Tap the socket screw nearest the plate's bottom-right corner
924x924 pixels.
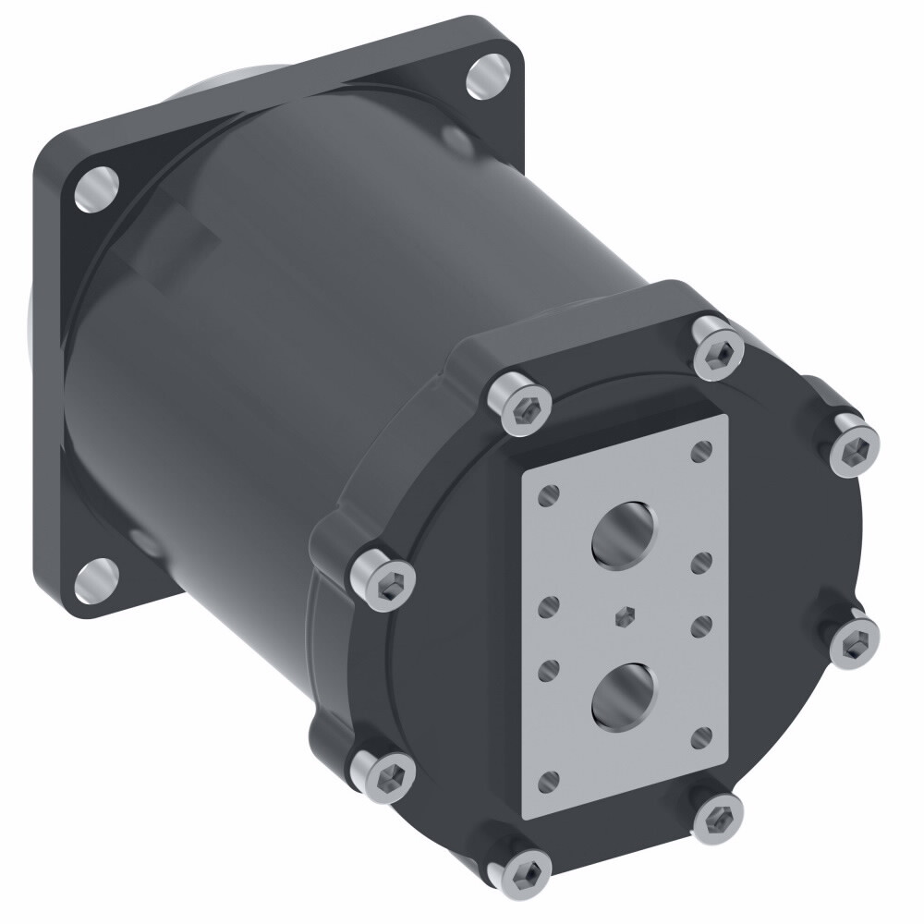(x=719, y=815)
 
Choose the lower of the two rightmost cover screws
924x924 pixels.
(x=853, y=640)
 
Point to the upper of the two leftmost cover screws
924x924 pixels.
(x=382, y=578)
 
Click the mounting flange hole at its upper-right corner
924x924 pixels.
(x=486, y=78)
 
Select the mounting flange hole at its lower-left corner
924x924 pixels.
(x=95, y=578)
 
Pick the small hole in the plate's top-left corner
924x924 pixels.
(x=549, y=495)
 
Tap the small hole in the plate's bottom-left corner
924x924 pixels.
(x=549, y=780)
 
